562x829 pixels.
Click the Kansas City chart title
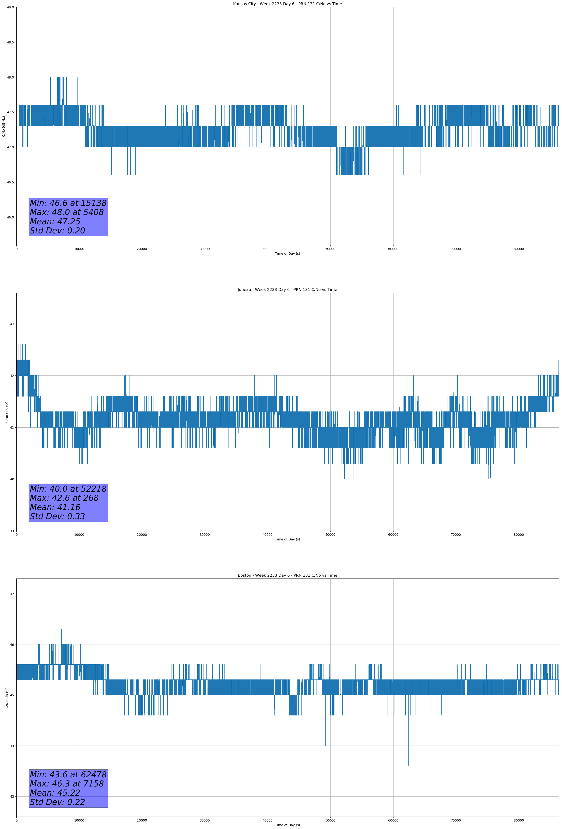pos(287,4)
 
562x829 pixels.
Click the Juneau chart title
pos(287,290)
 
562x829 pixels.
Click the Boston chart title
pos(287,575)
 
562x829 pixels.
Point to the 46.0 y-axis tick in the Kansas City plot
pos(10,217)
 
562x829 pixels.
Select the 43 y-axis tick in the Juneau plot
pos(12,324)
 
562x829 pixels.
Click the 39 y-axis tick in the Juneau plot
pos(12,531)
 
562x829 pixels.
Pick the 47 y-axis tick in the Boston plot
pos(12,594)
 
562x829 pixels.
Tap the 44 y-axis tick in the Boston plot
pos(12,746)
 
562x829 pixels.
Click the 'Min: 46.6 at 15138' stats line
pos(68,203)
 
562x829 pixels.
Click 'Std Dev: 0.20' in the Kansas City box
pos(57,231)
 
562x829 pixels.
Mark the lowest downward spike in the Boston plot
pos(408,765)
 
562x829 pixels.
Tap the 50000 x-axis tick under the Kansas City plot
pos(330,249)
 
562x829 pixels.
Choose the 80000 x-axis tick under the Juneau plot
pos(519,535)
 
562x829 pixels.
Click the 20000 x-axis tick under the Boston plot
pos(142,820)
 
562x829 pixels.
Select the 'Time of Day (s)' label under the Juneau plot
pos(287,539)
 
